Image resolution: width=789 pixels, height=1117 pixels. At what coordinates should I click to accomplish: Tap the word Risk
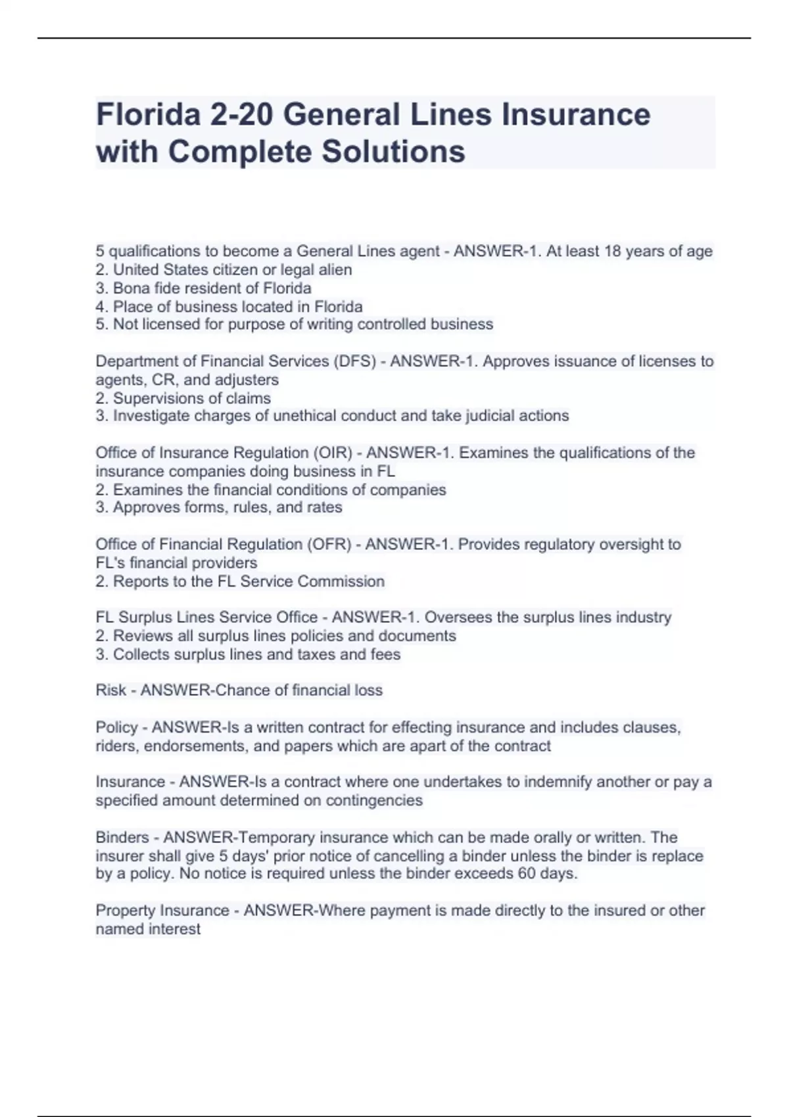click(x=110, y=690)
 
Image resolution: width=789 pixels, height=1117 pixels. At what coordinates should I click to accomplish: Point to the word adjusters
click(x=247, y=380)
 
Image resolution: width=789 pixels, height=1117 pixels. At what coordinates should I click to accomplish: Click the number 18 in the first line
click(x=612, y=251)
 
